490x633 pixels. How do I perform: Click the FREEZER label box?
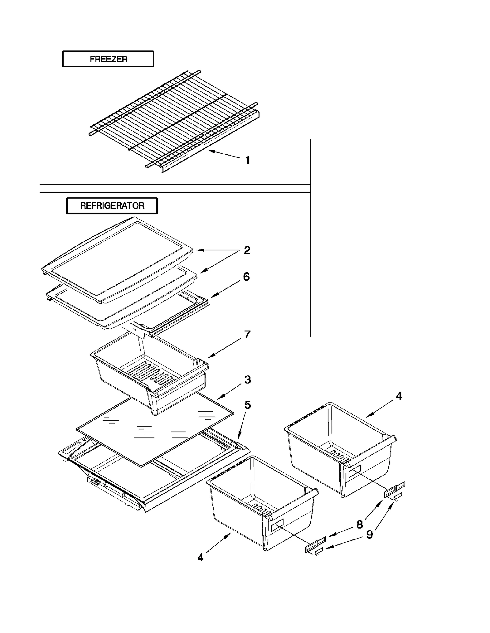click(108, 59)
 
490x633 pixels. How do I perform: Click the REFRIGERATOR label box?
click(112, 205)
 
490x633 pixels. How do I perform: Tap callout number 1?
click(247, 160)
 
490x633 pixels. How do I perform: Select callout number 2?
click(247, 250)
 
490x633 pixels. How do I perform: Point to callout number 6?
click(246, 277)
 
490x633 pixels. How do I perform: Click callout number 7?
click(247, 334)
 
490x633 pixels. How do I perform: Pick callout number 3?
click(247, 380)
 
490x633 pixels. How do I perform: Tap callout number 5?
click(247, 405)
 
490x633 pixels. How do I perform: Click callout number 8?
click(360, 525)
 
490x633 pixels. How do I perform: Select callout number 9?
click(370, 535)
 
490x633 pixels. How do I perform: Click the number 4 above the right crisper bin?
click(398, 396)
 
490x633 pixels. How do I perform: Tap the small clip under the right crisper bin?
click(397, 496)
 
